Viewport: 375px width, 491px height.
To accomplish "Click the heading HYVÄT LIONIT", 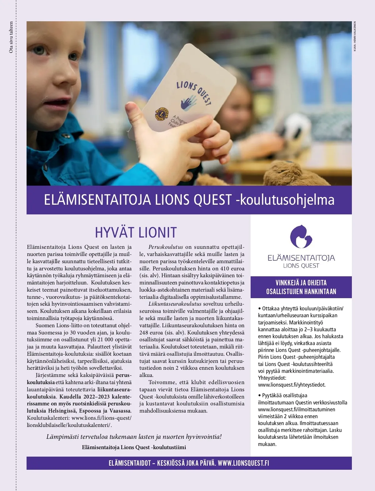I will pos(136,233).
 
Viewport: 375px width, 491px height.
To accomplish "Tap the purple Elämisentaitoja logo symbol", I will pos(301,236).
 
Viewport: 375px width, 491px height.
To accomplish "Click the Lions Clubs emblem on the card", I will pos(162,114).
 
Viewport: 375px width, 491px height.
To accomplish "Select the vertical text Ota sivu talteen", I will pos(11,37).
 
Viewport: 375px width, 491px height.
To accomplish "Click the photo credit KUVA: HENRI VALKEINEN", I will pos(355,36).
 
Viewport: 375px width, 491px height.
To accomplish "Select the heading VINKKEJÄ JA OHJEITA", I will pos(301,283).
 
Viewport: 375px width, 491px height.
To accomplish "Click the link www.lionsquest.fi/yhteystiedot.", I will pos(292,385).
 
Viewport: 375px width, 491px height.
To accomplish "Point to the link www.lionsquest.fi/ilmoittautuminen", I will pos(296,409).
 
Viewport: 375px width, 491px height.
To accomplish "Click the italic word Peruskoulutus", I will pos(166,247).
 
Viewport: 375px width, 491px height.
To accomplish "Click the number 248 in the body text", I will pos(144,333).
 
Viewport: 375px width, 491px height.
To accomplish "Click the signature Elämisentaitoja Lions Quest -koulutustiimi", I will pos(134,448).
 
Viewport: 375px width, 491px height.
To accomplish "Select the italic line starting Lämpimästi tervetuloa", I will pos(134,437).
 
